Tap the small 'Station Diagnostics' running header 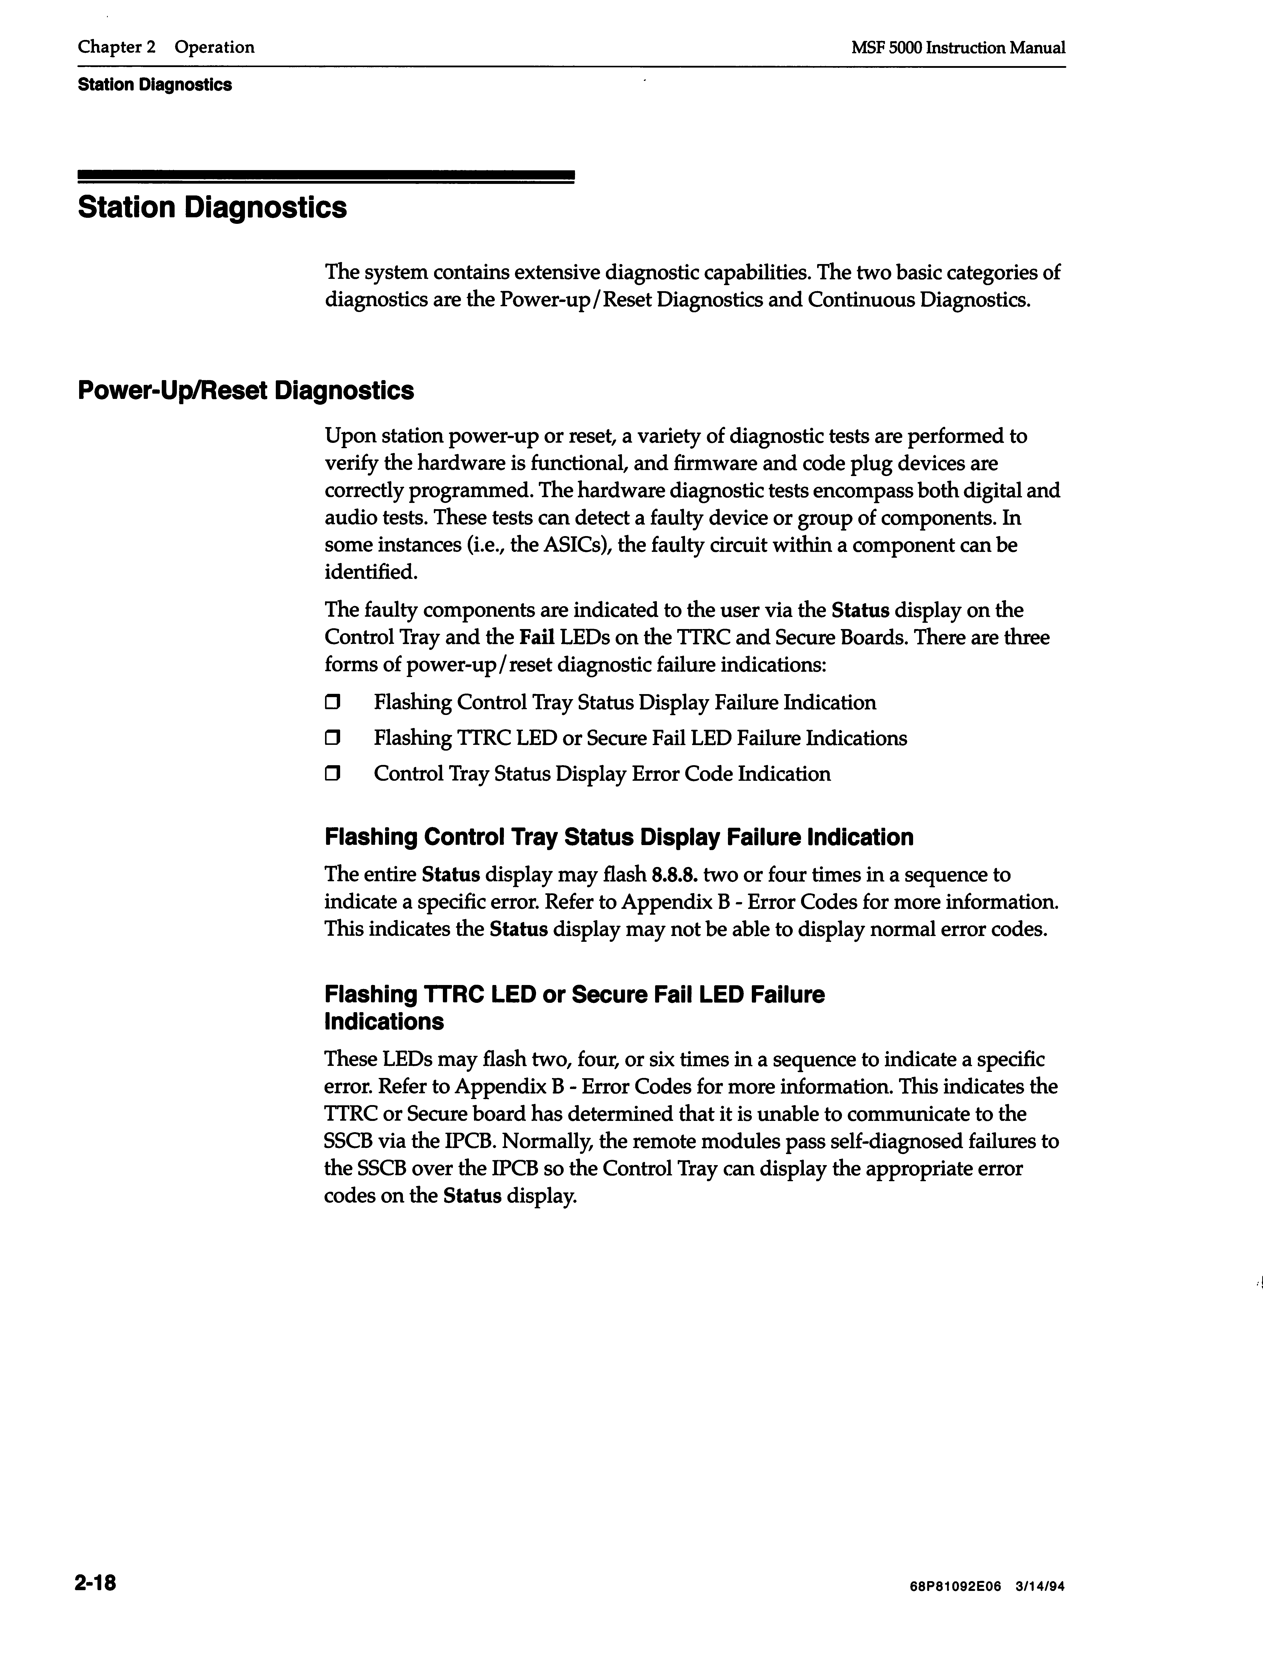click(x=155, y=85)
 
